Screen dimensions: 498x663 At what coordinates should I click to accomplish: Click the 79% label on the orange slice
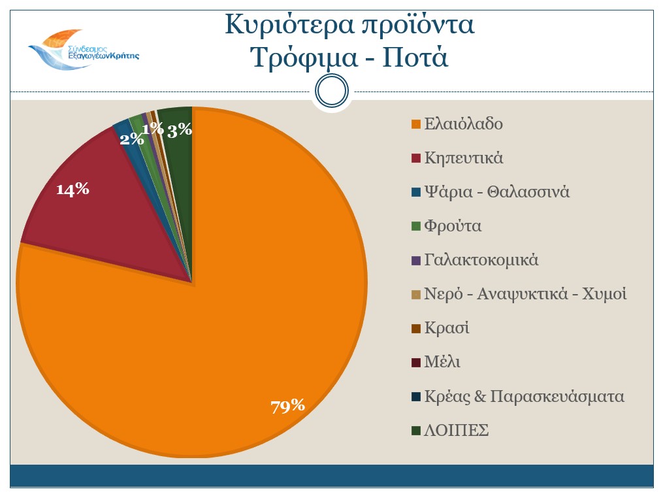(x=288, y=406)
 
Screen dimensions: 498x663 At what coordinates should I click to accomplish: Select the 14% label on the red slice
(x=72, y=190)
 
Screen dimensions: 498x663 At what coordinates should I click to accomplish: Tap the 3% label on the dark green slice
(x=180, y=130)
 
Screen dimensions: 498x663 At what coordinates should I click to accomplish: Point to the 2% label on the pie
(x=131, y=139)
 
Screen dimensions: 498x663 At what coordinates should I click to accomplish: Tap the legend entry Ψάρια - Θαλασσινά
(x=497, y=192)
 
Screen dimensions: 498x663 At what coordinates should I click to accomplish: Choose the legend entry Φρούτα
(x=453, y=226)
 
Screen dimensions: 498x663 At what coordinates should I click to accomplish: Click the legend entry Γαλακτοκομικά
(x=481, y=260)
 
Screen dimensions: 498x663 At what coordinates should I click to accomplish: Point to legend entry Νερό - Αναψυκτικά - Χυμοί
(x=525, y=294)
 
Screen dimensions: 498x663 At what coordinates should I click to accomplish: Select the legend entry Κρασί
(x=447, y=328)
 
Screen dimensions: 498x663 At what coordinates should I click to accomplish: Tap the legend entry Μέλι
(x=442, y=362)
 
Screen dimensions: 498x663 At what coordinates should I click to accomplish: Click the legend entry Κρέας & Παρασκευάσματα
(x=524, y=397)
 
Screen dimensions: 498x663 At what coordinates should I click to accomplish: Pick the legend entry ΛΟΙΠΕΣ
(x=457, y=431)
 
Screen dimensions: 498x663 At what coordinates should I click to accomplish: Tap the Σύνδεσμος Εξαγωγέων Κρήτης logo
(x=84, y=49)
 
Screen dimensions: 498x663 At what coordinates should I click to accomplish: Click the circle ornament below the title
(x=331, y=91)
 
